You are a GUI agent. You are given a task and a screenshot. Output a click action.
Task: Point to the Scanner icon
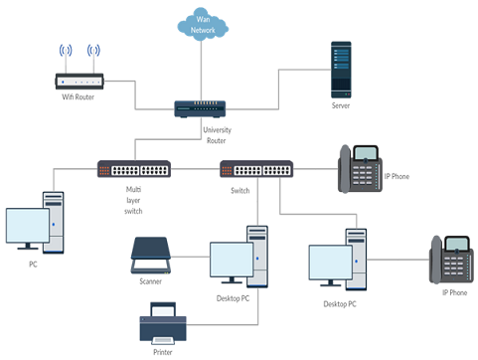coord(151,256)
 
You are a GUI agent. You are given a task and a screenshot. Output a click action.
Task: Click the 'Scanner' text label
coord(151,281)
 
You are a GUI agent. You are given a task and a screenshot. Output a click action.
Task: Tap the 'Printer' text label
coord(164,351)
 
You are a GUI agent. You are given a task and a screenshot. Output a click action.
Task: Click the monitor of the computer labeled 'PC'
coord(27,227)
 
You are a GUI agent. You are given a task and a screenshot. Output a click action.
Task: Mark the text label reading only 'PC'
coord(34,265)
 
